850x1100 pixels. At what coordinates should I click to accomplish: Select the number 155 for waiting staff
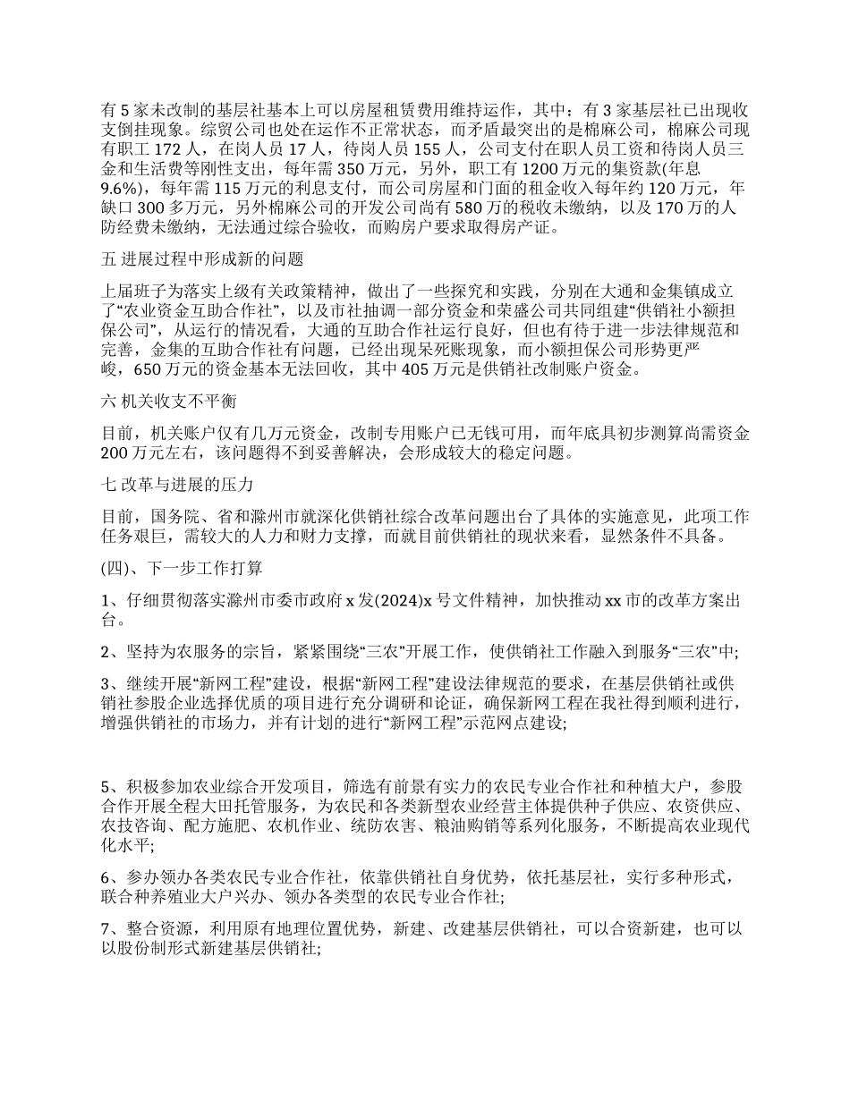click(x=443, y=148)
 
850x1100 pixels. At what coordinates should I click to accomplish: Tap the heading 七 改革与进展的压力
click(x=179, y=486)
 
